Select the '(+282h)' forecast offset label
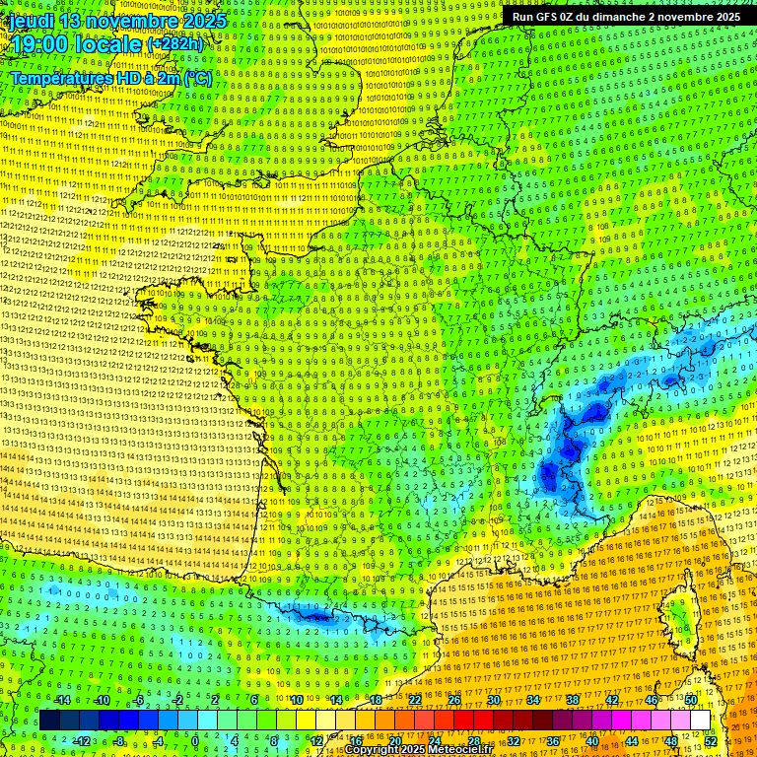pos(175,44)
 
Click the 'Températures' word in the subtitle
pos(59,78)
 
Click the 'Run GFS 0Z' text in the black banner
pos(545,17)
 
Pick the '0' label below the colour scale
pos(194,741)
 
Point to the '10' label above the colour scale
pos(295,700)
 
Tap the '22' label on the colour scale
pos(414,700)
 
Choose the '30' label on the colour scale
pos(493,700)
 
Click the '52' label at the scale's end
pos(711,741)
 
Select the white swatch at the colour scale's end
pos(699,721)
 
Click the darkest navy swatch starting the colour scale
pos(49,721)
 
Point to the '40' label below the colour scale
pos(592,741)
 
